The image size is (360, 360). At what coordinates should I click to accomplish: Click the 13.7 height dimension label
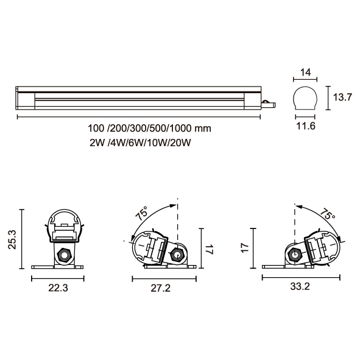point(342,97)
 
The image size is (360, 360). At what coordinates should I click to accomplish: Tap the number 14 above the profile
point(306,72)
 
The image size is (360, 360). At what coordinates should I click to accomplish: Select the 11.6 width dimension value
point(306,126)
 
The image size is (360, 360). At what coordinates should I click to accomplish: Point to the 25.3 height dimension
point(12,239)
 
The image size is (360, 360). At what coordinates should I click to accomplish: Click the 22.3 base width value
point(58,288)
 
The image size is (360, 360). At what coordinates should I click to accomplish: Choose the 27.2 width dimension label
point(160,288)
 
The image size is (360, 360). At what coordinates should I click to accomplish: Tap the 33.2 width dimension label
point(300,286)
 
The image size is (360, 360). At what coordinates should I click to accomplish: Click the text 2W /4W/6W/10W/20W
point(140,143)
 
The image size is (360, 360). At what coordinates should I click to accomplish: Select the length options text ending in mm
point(149,129)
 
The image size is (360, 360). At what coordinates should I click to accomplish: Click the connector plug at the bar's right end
point(269,104)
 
